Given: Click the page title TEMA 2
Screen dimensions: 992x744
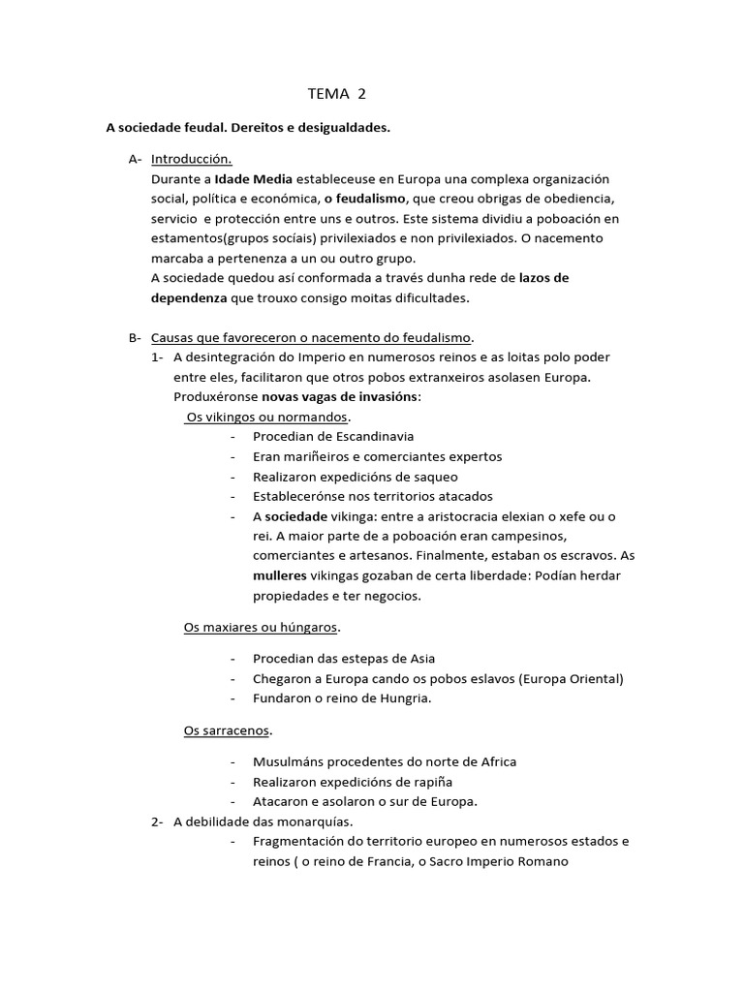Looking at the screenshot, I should click(337, 94).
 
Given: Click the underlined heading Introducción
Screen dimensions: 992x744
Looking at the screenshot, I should click(191, 159).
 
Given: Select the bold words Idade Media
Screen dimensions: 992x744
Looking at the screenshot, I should click(251, 179).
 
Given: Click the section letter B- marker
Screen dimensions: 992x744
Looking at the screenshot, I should click(135, 337).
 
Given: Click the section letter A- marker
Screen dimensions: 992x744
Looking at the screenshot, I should click(135, 159).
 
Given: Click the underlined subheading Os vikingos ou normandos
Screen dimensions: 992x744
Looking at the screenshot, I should click(266, 417).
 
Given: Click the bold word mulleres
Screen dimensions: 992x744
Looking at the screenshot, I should click(279, 575).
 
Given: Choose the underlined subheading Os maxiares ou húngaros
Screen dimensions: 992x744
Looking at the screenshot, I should click(262, 627).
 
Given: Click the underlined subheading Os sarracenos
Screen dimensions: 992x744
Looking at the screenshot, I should click(228, 729).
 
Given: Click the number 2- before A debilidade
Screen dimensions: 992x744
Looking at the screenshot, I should click(157, 821).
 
